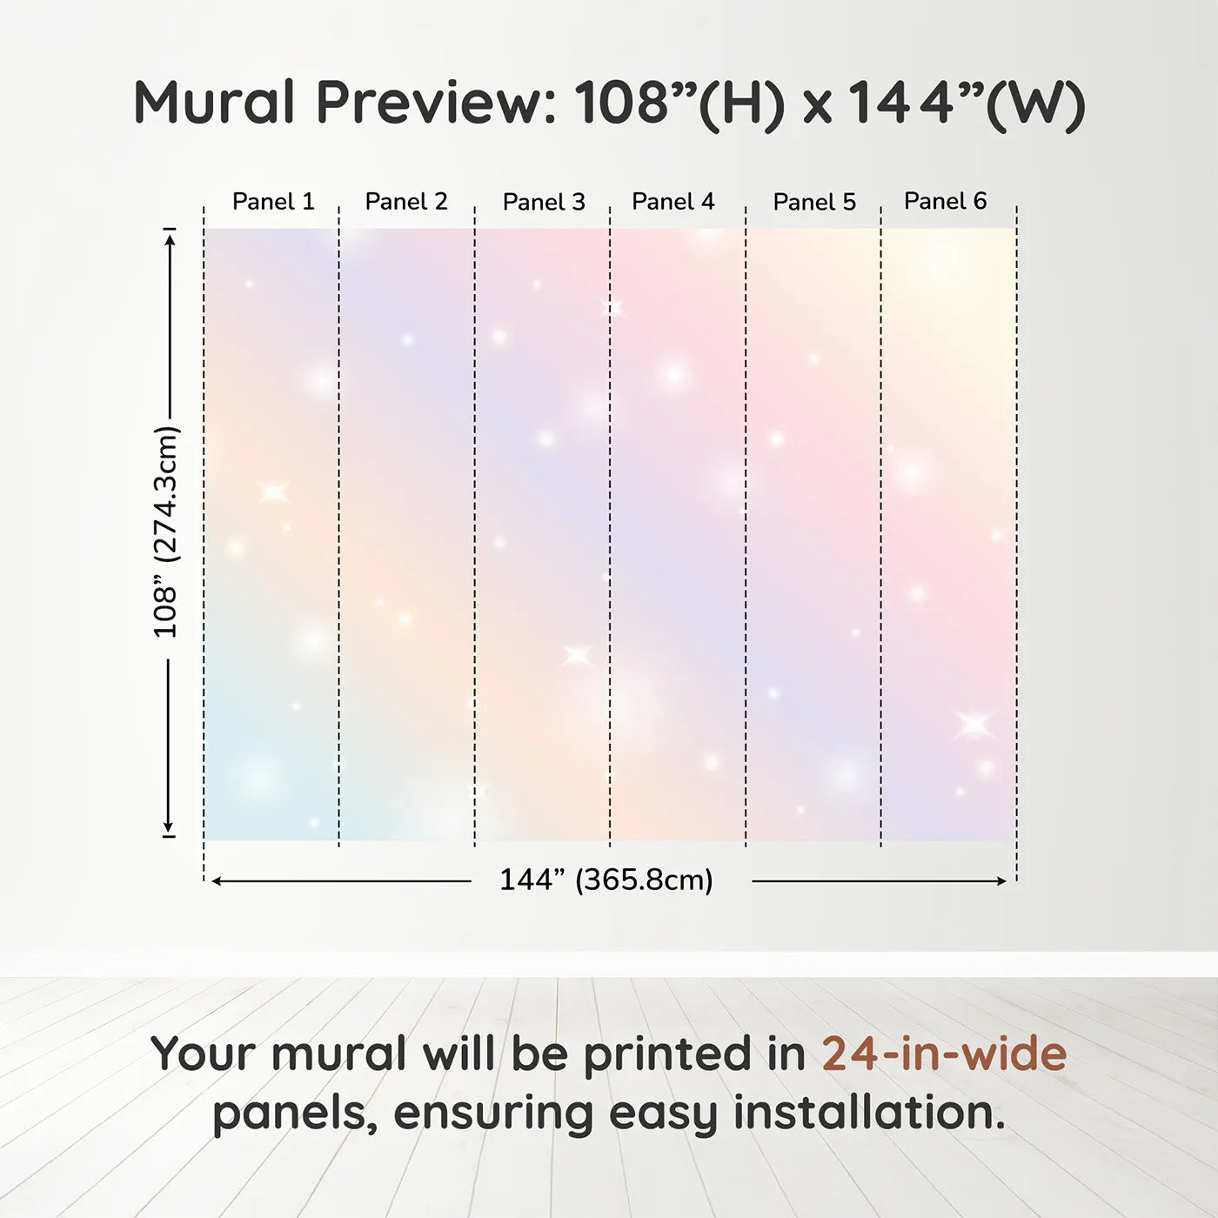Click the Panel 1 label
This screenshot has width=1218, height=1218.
pyautogui.click(x=273, y=202)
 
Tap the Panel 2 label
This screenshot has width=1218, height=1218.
pyautogui.click(x=406, y=202)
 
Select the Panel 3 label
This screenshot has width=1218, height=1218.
pyautogui.click(x=544, y=202)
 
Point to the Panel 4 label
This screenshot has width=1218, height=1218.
pyautogui.click(x=673, y=202)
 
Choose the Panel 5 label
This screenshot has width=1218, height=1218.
pyautogui.click(x=814, y=202)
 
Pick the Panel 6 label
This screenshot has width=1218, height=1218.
pyautogui.click(x=945, y=201)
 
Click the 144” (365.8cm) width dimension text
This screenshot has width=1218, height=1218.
pyautogui.click(x=606, y=880)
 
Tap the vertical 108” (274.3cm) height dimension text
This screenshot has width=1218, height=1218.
pyautogui.click(x=166, y=532)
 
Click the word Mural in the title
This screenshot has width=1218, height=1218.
pyautogui.click(x=214, y=102)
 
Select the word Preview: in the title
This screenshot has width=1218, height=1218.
pyautogui.click(x=437, y=103)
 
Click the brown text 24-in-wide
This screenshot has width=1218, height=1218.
pyautogui.click(x=944, y=1054)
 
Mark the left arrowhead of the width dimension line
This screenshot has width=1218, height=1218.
pyautogui.click(x=216, y=881)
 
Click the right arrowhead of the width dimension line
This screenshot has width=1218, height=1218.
pyautogui.click(x=1001, y=881)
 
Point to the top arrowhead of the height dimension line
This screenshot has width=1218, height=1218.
pyautogui.click(x=170, y=240)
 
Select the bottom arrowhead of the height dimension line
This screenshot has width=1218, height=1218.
pyautogui.click(x=168, y=826)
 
